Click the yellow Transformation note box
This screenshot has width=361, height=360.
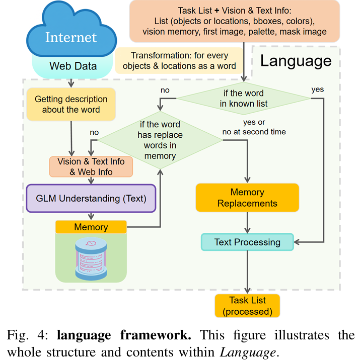click(x=179, y=61)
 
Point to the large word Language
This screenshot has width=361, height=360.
click(x=296, y=61)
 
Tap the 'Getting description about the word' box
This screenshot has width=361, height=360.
click(x=71, y=105)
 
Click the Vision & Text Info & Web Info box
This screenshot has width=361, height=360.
click(x=91, y=166)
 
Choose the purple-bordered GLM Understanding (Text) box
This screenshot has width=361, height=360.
click(x=91, y=198)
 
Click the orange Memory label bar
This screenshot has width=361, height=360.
click(x=91, y=227)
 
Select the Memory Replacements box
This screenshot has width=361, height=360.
click(x=247, y=198)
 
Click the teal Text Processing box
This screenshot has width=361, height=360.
click(x=247, y=242)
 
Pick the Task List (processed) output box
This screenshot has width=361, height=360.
click(x=247, y=305)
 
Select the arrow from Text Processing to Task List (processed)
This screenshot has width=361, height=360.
click(x=247, y=272)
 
